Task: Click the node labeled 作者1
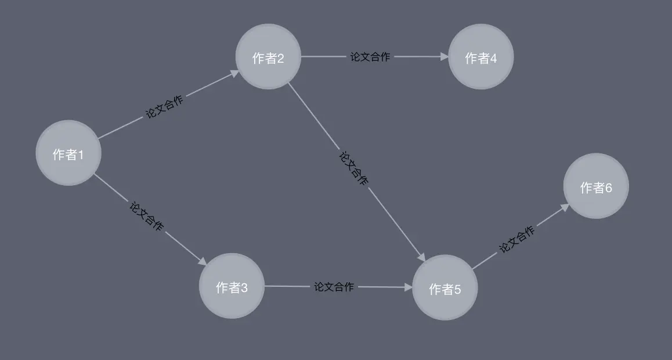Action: click(x=68, y=153)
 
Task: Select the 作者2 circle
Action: click(x=268, y=57)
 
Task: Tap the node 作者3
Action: click(x=232, y=286)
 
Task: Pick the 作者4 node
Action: click(x=481, y=57)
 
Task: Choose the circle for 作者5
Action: click(x=445, y=288)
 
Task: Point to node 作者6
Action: click(x=596, y=186)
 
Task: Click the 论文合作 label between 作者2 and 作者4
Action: click(x=370, y=57)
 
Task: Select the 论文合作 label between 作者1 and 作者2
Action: click(x=164, y=107)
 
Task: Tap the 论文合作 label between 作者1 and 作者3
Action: click(x=146, y=217)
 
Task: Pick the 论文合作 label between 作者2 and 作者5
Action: click(x=353, y=168)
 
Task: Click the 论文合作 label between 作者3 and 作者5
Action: click(x=334, y=287)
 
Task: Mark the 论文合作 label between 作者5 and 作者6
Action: click(x=517, y=239)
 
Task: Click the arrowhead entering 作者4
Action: click(x=445, y=57)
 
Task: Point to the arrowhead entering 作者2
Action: click(x=234, y=73)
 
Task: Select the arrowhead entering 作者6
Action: click(x=565, y=206)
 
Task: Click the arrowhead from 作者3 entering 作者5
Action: click(x=408, y=287)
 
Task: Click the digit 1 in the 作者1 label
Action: click(x=81, y=154)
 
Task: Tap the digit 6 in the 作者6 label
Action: click(x=608, y=188)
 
